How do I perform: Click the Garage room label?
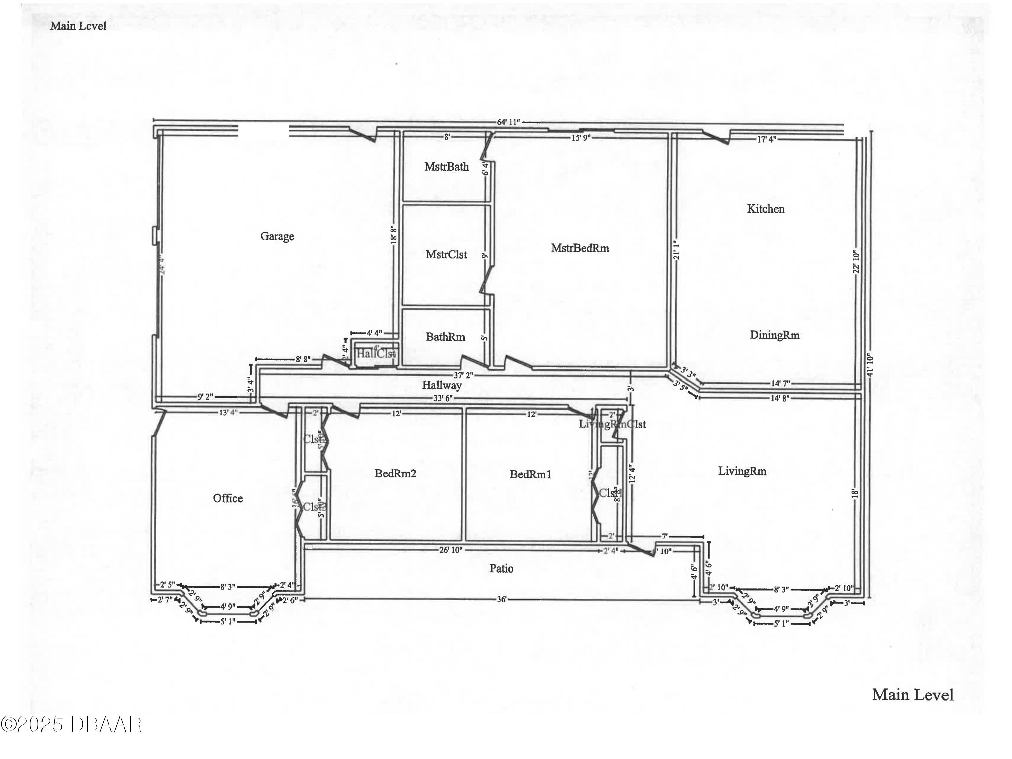[x=277, y=236]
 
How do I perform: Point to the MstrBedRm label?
[x=580, y=248]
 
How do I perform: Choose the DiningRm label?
[x=774, y=335]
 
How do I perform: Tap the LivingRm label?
[x=742, y=471]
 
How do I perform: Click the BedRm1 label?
[x=530, y=474]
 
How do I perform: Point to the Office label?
[x=228, y=498]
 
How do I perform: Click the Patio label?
[x=501, y=569]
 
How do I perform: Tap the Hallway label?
[x=442, y=385]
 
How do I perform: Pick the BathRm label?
[x=445, y=337]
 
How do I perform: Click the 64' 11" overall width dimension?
[x=509, y=122]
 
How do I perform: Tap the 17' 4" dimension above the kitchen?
[x=766, y=139]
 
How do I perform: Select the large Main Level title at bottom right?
[x=913, y=695]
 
